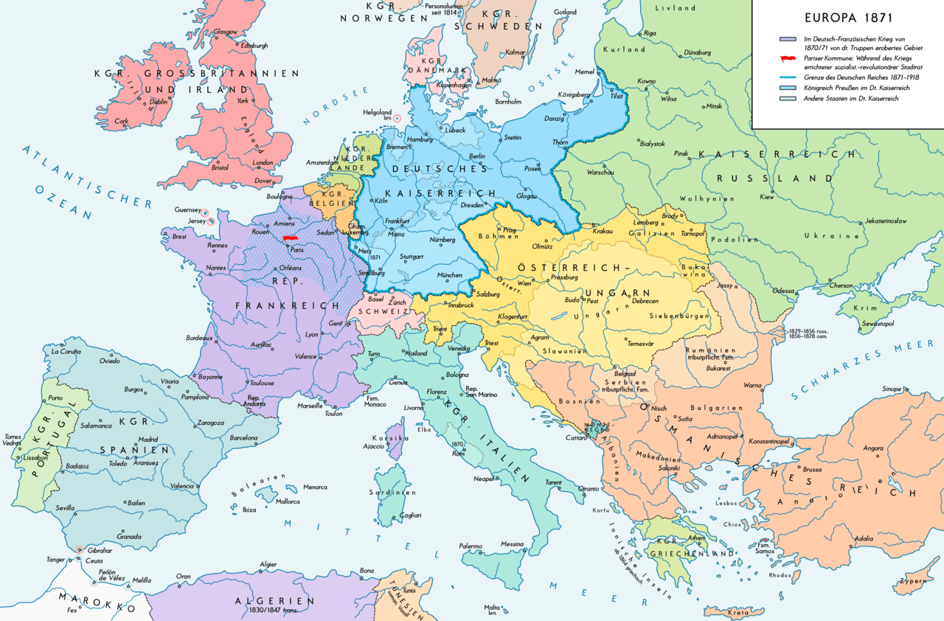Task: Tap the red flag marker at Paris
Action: click(x=290, y=239)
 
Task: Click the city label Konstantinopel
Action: click(x=770, y=441)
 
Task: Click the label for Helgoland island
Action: click(x=378, y=113)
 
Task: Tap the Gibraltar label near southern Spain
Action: click(x=99, y=550)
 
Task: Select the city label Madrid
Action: click(x=148, y=440)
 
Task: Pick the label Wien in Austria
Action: click(x=524, y=283)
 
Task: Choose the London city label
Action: click(x=263, y=163)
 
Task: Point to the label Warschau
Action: click(x=601, y=173)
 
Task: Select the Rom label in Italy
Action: click(x=457, y=454)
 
